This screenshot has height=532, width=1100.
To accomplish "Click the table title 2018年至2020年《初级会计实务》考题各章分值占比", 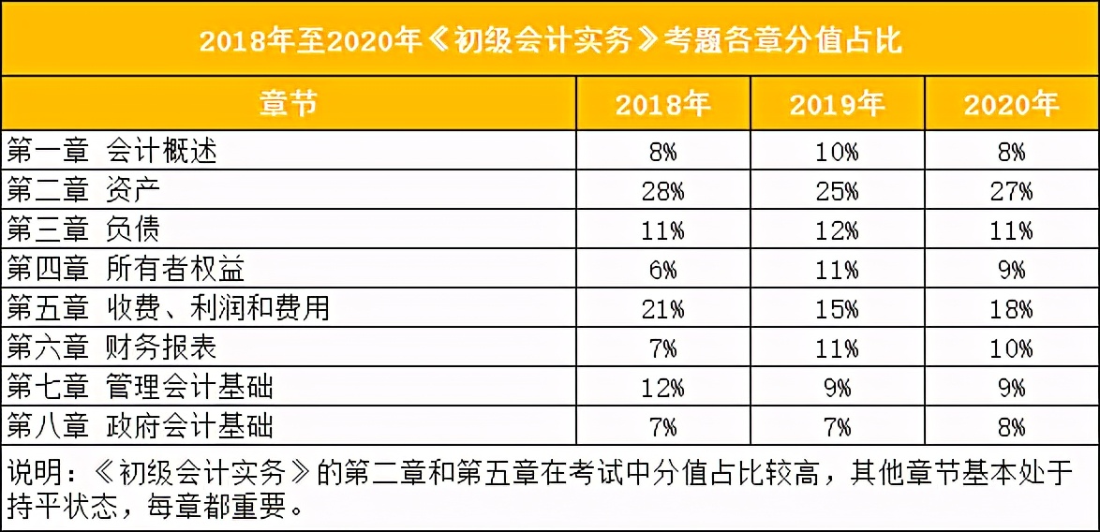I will point(550,41).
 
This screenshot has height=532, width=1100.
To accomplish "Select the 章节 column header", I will point(288,103).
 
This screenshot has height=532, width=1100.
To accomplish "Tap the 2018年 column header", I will point(662,104).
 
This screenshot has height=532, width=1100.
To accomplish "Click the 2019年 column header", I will point(837,104).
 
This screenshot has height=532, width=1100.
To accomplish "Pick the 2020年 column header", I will point(1011,104).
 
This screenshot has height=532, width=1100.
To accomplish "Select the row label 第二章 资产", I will point(84,191).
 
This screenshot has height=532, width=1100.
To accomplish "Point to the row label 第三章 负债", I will point(84,230).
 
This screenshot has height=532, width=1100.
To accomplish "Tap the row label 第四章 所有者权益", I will point(126,270).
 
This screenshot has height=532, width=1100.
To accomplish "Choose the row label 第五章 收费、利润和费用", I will point(169,308).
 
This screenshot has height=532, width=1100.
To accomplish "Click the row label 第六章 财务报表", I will point(112,347).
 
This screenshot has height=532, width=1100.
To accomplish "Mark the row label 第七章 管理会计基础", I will point(141,387).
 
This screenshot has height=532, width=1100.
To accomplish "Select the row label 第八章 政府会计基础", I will point(141,427).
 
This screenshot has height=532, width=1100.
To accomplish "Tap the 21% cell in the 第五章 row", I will point(662,309).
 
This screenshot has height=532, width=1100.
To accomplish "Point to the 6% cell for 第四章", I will point(662,271).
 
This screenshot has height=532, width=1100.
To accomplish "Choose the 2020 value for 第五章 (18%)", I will point(1011,309).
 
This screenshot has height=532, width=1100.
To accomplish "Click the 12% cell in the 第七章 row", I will point(662,388).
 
